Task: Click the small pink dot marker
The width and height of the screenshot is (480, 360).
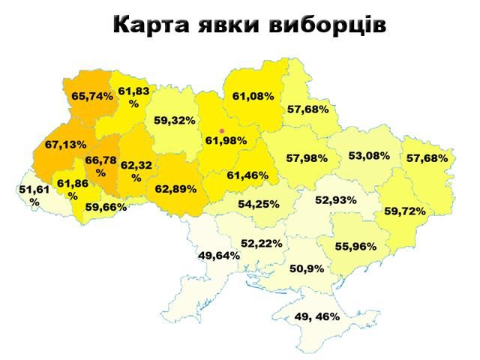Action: click(221, 130)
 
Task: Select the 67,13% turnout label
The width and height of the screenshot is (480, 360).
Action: click(65, 144)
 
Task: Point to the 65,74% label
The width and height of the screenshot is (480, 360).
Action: click(92, 96)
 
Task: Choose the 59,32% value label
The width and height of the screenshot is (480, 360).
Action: click(175, 120)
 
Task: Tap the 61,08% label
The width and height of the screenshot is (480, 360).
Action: click(253, 96)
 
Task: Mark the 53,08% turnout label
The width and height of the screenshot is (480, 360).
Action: click(369, 156)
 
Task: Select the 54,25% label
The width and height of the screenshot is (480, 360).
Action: click(259, 203)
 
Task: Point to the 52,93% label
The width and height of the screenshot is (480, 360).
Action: click(335, 200)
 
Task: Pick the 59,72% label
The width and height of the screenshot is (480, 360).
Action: click(405, 211)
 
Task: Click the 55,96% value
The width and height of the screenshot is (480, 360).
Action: click(355, 245)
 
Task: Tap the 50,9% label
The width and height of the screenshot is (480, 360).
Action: click(307, 268)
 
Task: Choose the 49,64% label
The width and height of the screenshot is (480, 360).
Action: click(219, 255)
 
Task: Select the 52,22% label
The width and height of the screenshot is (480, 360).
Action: click(261, 243)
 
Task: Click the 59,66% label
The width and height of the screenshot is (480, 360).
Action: click(106, 208)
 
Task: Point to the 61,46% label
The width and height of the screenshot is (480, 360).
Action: click(247, 175)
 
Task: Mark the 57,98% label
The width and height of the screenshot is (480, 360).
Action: click(307, 157)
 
